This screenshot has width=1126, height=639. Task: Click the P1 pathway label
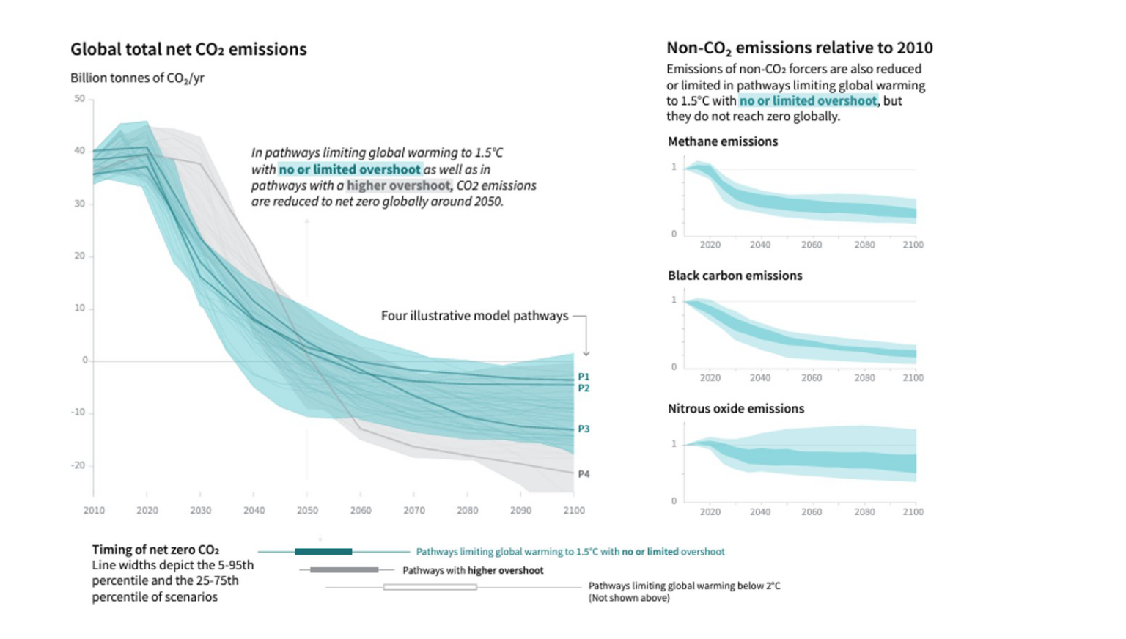(x=584, y=377)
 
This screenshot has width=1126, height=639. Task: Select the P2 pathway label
(x=584, y=388)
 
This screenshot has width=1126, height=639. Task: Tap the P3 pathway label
(x=584, y=429)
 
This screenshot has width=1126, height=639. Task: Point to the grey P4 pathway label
(x=584, y=474)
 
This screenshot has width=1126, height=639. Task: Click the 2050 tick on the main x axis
(x=307, y=511)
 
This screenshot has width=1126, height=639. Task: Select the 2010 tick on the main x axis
(x=94, y=511)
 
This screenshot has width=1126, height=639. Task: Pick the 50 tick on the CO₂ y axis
(x=79, y=99)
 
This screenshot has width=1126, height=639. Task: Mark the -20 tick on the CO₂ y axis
(x=78, y=465)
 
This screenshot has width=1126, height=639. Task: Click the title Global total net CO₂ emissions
(x=188, y=49)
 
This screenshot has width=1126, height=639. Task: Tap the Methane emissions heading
(x=722, y=141)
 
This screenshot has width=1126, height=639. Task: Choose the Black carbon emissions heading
(x=735, y=276)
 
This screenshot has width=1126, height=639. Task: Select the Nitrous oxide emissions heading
(x=735, y=409)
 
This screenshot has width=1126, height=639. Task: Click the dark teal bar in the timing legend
(x=323, y=552)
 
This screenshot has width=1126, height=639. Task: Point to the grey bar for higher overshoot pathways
(x=344, y=570)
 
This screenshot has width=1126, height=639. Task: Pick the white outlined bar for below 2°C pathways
(x=430, y=587)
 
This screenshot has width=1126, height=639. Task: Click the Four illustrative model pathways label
(x=474, y=316)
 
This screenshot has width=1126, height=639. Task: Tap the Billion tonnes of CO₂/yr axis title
(x=137, y=78)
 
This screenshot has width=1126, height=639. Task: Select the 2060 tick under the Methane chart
(x=812, y=245)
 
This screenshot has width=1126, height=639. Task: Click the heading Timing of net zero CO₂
(x=155, y=550)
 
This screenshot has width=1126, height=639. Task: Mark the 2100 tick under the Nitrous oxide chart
(x=913, y=512)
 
